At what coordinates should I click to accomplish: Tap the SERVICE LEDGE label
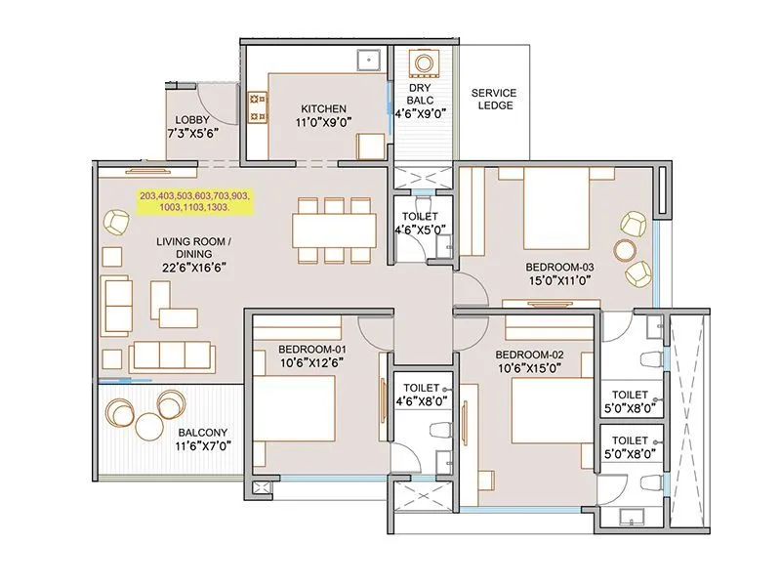tap(494, 99)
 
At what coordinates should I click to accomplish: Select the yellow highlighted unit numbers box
tap(194, 202)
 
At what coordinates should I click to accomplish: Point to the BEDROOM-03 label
tap(559, 266)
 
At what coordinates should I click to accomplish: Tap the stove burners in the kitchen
tap(258, 107)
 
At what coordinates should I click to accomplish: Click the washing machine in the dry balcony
tap(424, 64)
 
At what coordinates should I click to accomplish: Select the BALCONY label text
tap(202, 433)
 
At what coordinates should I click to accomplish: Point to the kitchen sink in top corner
tap(368, 59)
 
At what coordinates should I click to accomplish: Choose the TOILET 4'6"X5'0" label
tap(421, 223)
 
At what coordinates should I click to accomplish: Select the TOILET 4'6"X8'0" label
tap(421, 395)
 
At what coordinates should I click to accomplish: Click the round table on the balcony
tap(148, 426)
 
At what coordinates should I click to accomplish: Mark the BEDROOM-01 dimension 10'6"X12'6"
tap(311, 362)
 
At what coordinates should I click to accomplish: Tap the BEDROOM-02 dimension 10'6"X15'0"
tap(528, 368)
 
